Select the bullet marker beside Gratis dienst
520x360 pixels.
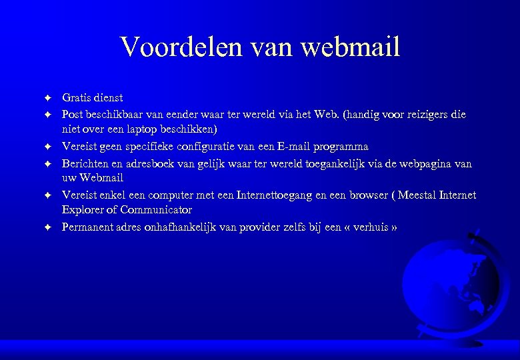point(48,99)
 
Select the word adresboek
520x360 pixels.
point(158,163)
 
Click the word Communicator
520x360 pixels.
point(156,209)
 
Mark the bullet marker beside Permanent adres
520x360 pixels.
point(48,228)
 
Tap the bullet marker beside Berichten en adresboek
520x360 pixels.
point(48,164)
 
